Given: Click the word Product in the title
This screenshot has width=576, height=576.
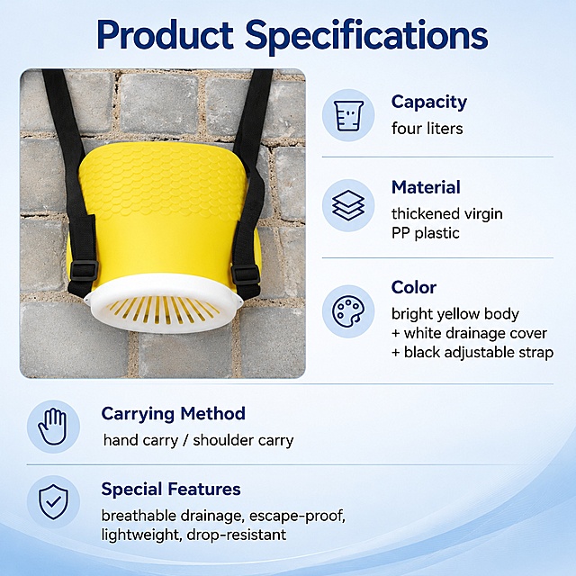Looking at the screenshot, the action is click(165, 34).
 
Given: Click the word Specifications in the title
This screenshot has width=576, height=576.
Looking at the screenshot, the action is click(366, 37).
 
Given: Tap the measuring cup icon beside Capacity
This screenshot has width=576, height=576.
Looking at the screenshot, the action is click(348, 115).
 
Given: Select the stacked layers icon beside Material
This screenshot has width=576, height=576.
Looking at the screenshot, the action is click(348, 205).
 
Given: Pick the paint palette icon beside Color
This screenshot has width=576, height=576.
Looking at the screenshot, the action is click(348, 311).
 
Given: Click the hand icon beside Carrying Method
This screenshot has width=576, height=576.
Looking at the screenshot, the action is click(53, 427).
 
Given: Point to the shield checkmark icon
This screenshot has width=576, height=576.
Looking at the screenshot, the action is click(53, 502).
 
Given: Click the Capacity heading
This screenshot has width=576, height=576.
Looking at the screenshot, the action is click(429, 103).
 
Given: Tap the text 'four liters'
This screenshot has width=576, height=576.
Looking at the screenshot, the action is click(427, 129).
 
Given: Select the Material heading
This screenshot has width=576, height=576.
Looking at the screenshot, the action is click(426, 187).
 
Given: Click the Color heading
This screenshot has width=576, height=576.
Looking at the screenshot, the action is click(414, 287).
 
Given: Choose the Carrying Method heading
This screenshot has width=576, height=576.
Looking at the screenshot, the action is click(174, 414).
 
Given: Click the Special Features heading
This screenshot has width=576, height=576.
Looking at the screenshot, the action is click(171, 490).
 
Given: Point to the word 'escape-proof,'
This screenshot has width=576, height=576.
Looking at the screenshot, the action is click(297, 516).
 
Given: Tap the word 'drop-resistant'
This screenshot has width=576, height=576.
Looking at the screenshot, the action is click(237, 535).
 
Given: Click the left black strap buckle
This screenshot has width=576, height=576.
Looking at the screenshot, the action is click(84, 270).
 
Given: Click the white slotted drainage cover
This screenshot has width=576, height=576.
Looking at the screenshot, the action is click(164, 304).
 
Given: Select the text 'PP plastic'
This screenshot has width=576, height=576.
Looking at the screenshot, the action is click(426, 233).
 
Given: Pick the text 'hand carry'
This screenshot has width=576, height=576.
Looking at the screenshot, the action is click(140, 440).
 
